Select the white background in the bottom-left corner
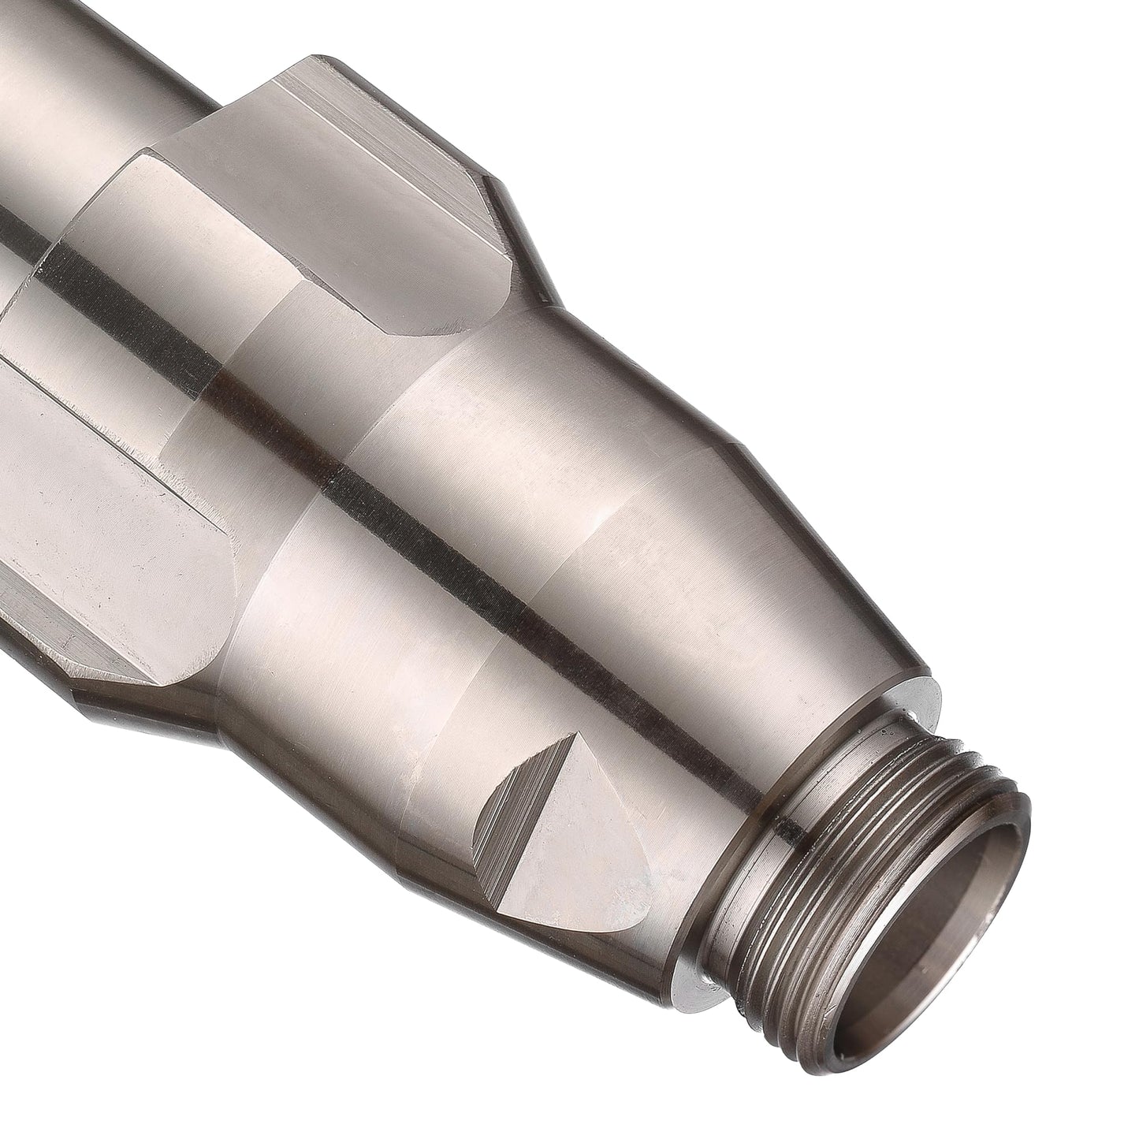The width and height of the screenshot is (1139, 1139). coord(118,1025)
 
